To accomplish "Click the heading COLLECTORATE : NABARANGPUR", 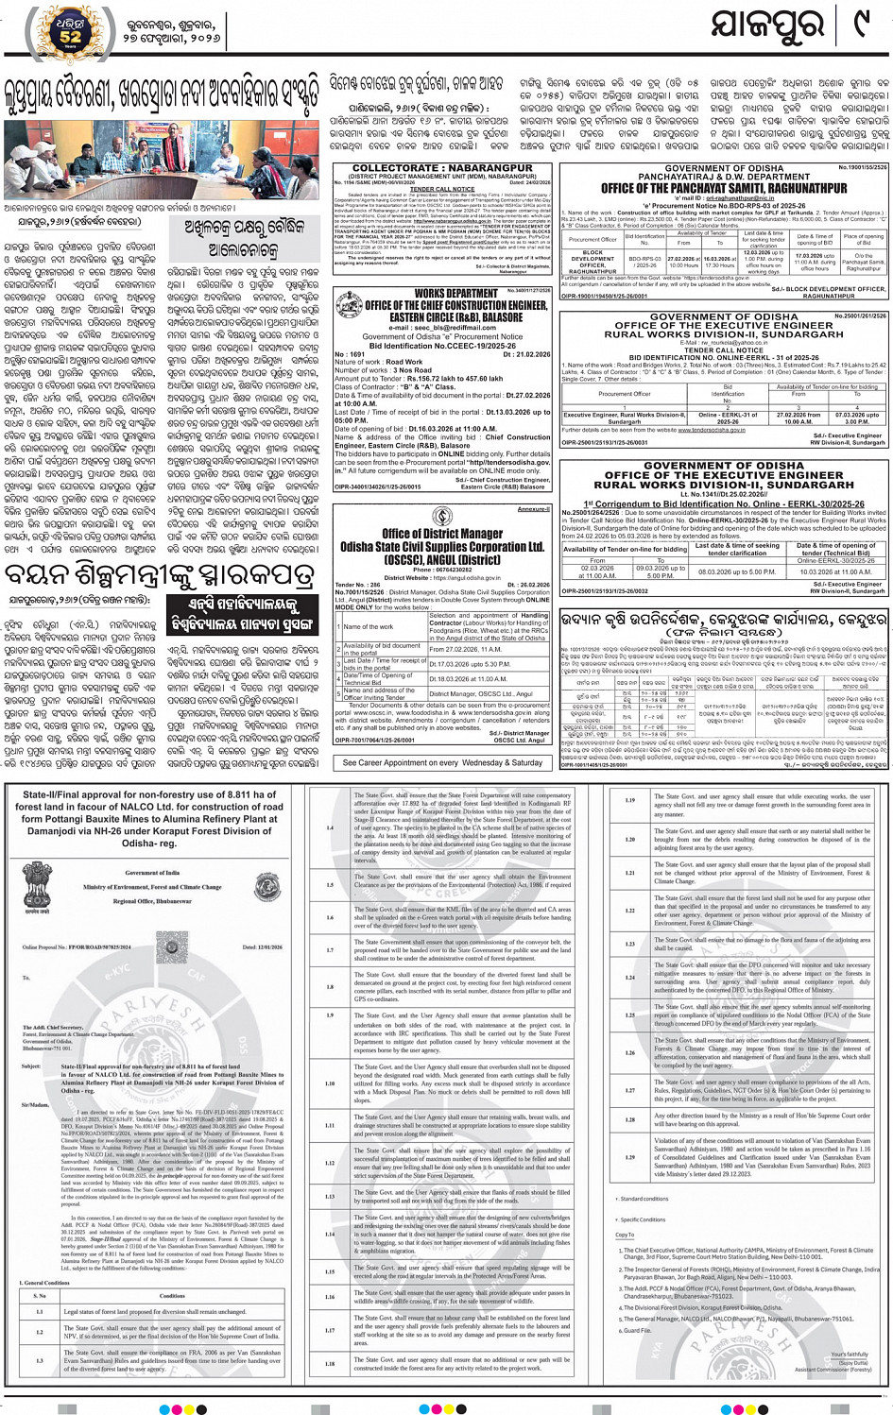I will pos(441,167).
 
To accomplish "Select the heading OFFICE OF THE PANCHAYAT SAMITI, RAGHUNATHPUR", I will pos(724,188).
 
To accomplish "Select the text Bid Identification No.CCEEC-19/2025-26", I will pos(442,346).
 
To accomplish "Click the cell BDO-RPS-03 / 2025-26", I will pos(644,261).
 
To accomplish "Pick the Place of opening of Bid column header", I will pos(863,240).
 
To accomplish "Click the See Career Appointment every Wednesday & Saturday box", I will pos(441,762).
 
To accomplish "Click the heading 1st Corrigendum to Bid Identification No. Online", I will pos(724,504).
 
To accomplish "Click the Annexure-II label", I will pos(533,509).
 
